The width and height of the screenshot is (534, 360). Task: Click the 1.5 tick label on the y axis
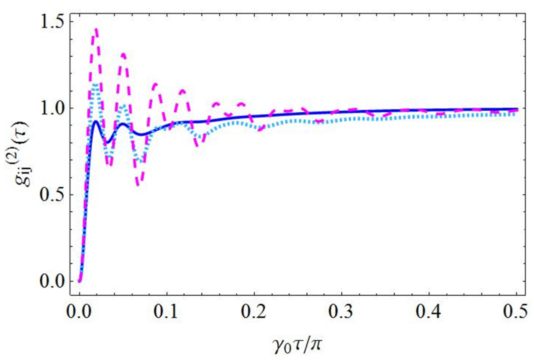click(52, 21)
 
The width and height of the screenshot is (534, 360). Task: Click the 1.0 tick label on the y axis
click(52, 108)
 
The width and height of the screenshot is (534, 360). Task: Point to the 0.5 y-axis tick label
click(52, 195)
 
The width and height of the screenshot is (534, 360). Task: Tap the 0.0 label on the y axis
click(52, 281)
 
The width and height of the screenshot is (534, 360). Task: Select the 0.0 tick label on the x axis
click(79, 311)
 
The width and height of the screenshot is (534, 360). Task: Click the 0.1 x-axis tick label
click(167, 311)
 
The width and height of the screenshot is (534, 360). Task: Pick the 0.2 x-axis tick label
click(254, 311)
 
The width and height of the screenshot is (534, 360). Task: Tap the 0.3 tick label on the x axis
click(341, 311)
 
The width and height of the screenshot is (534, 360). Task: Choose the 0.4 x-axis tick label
click(429, 311)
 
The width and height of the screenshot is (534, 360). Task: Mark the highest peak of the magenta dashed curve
click(96, 29)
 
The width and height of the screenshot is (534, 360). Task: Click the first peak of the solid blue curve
click(96, 121)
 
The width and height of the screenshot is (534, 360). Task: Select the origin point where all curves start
click(79, 281)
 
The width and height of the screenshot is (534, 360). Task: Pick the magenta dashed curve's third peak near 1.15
click(154, 84)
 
